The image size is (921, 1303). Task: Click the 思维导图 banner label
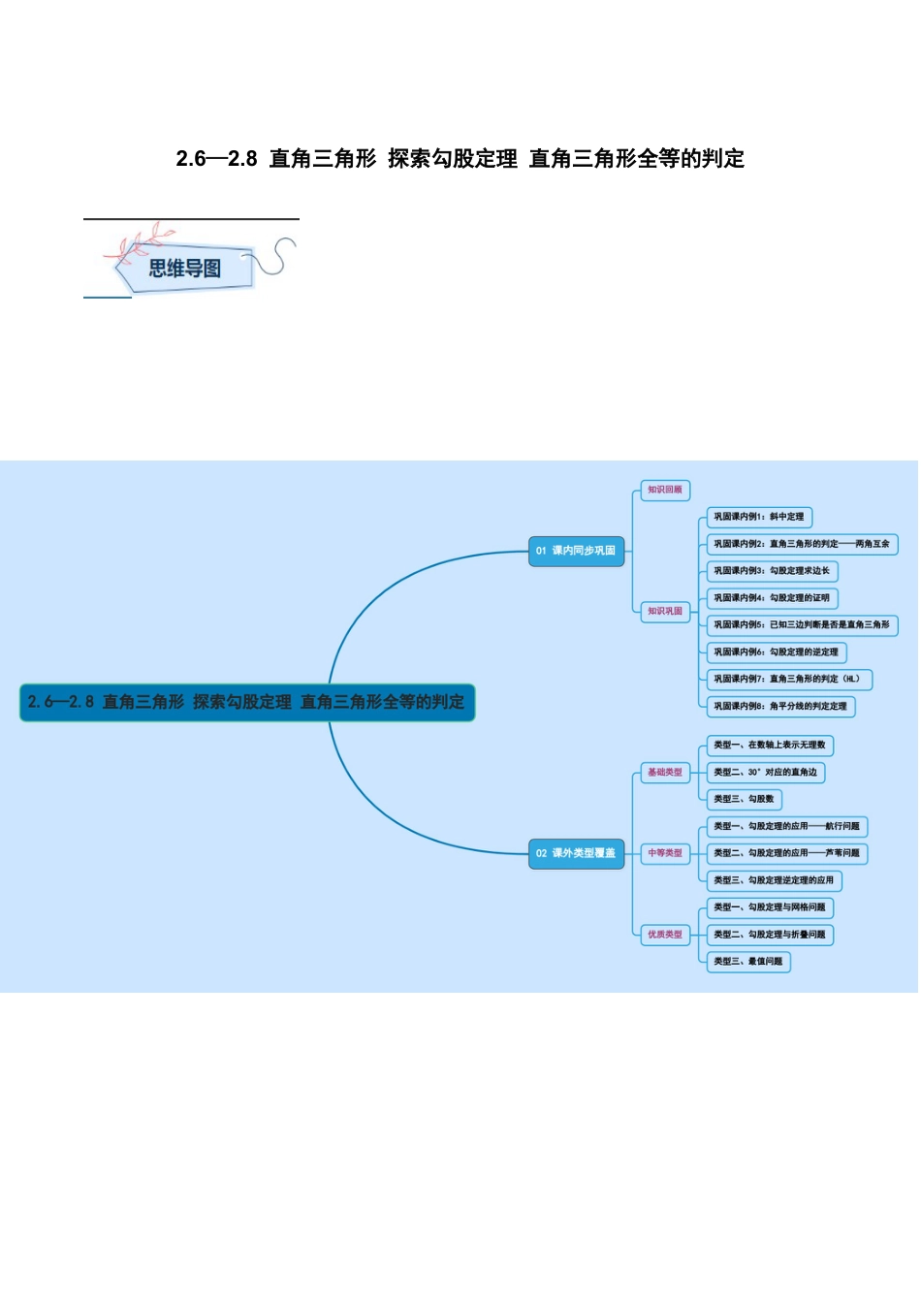pyautogui.click(x=184, y=269)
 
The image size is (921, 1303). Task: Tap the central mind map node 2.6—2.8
pyautogui.click(x=247, y=702)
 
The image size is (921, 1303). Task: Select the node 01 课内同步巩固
pyautogui.click(x=576, y=551)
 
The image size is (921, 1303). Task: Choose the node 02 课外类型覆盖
pyautogui.click(x=576, y=853)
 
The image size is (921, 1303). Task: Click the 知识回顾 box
pyautogui.click(x=665, y=491)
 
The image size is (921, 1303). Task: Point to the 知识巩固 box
pyautogui.click(x=665, y=612)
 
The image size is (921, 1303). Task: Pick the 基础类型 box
pyautogui.click(x=665, y=773)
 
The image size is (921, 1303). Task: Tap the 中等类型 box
pyautogui.click(x=665, y=853)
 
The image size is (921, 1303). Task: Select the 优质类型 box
pyautogui.click(x=665, y=935)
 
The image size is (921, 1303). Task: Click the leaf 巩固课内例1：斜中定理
pyautogui.click(x=759, y=517)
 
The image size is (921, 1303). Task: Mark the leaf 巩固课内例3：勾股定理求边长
pyautogui.click(x=772, y=571)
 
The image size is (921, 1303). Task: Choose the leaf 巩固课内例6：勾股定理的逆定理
pyautogui.click(x=777, y=652)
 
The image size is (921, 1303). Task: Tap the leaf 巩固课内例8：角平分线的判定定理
pyautogui.click(x=780, y=707)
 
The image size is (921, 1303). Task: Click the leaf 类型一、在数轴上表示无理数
pyautogui.click(x=770, y=746)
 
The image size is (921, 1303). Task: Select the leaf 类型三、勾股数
pyautogui.click(x=745, y=800)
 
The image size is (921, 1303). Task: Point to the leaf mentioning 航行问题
pyautogui.click(x=786, y=827)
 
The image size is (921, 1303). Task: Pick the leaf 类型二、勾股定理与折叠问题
pyautogui.click(x=770, y=935)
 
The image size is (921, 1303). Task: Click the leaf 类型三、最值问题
pyautogui.click(x=748, y=962)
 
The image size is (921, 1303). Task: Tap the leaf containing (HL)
pyautogui.click(x=789, y=680)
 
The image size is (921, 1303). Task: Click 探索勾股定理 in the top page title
pyautogui.click(x=453, y=159)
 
